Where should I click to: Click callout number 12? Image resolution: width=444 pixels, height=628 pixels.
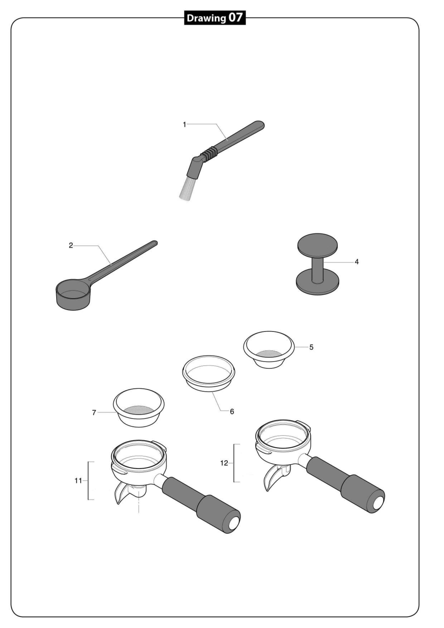point(224,463)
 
